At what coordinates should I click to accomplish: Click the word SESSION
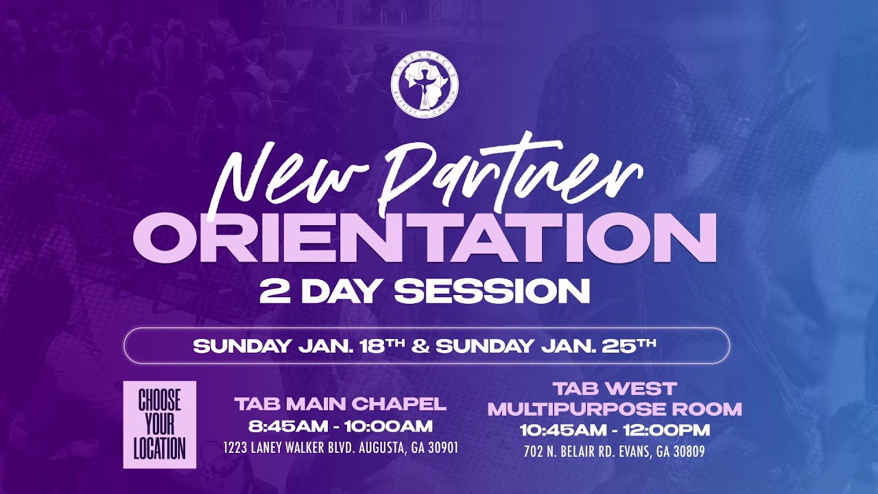point(492,291)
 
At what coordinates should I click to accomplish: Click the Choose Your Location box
point(160,425)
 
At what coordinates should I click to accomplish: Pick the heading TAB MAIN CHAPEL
point(340,403)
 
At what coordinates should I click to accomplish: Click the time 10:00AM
point(388,426)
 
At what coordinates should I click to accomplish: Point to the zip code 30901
point(442,449)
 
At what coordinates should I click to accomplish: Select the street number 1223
point(237,449)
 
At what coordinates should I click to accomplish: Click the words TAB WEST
point(615,388)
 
